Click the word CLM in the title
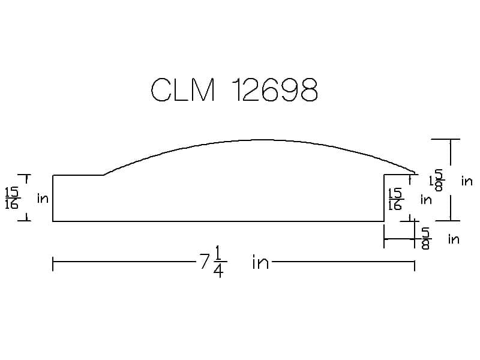(183, 89)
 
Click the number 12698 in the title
(275, 89)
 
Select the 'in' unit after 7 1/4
(260, 263)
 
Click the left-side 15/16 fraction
(12, 198)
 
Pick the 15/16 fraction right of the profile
(395, 199)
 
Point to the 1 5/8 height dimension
(436, 181)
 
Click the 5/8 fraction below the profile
(426, 238)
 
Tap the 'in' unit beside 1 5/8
(467, 182)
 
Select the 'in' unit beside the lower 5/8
(454, 239)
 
